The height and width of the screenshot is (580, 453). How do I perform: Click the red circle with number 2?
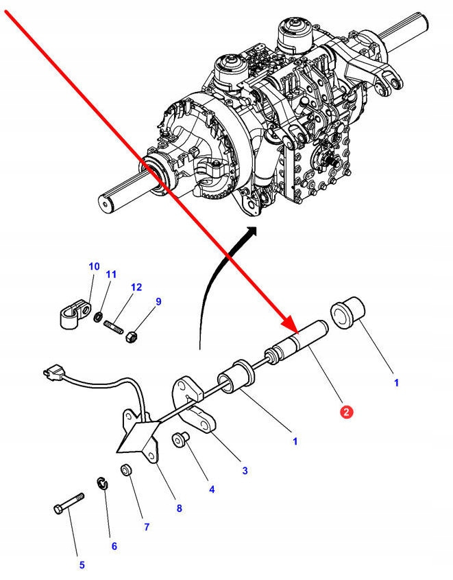[x=347, y=412]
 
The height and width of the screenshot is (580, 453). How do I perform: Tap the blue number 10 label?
[x=94, y=266]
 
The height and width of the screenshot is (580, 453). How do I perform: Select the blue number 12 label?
[x=136, y=287]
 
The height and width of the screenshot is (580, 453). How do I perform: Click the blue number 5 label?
[x=82, y=566]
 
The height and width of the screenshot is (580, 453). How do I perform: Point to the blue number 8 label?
[x=179, y=509]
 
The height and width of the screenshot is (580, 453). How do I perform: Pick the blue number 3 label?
[x=245, y=471]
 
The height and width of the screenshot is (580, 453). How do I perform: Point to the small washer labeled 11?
[x=99, y=316]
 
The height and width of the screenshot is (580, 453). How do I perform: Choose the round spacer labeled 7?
[x=126, y=472]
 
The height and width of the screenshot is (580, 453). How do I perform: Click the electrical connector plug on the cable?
[x=49, y=374]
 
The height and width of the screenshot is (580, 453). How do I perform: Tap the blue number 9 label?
[x=158, y=301]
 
